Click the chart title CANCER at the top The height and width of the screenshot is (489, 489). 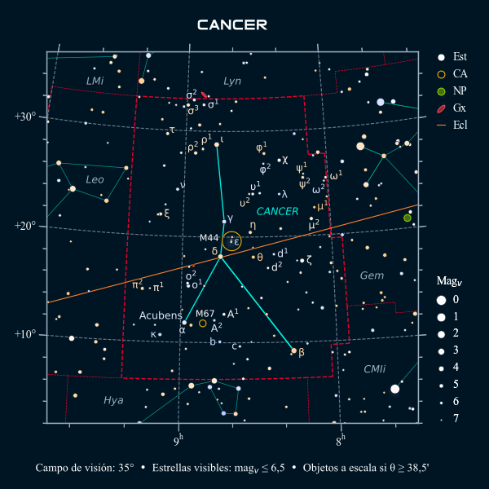coord(232,25)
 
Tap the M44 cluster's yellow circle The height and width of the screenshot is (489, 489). coord(231,240)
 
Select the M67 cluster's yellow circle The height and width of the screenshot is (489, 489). coord(203,323)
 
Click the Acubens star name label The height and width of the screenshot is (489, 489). coord(161,315)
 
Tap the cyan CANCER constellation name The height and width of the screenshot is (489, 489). coord(277,211)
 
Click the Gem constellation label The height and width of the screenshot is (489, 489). coord(372,275)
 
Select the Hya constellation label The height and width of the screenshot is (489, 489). coord(113,400)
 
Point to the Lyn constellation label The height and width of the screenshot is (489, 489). coord(232,81)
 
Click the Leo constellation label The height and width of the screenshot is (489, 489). coord(95,179)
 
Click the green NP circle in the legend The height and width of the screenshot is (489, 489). coord(441,91)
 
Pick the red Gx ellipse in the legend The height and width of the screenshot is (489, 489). coord(441,108)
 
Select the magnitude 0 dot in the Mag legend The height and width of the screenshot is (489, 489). coord(441,299)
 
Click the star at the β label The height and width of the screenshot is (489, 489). coord(294,350)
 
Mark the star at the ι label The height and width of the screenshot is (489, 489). coord(217,145)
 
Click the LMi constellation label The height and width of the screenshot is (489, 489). coord(95,81)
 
